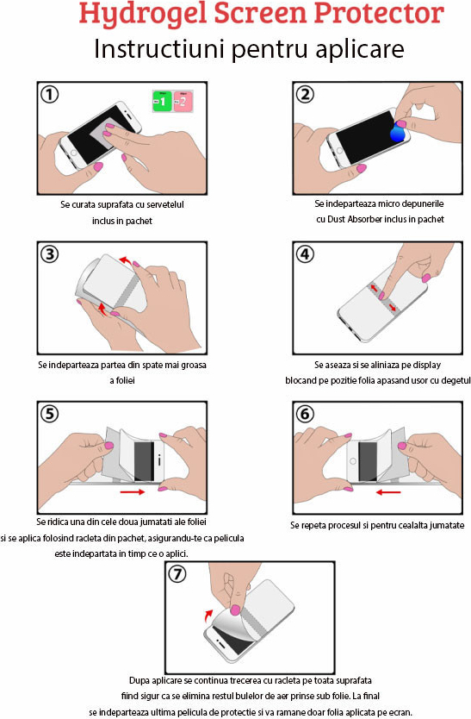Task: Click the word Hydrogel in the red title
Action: [142, 14]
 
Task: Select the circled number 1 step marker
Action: [49, 95]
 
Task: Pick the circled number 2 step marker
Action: [305, 95]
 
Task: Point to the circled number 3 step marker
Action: [49, 254]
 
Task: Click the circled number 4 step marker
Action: [305, 254]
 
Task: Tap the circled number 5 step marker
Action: [49, 414]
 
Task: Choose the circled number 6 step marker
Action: [305, 414]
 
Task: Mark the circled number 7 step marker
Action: [177, 573]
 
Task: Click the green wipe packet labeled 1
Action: [162, 102]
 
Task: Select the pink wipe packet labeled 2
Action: [183, 102]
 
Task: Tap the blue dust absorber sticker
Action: [397, 134]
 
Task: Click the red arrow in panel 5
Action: [133, 492]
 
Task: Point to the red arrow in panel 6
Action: [388, 492]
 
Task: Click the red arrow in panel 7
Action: [208, 615]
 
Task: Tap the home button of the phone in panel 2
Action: [339, 151]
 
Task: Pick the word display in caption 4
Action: [426, 365]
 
